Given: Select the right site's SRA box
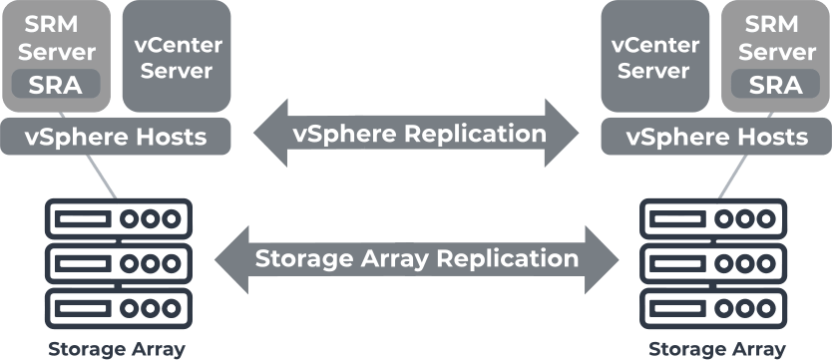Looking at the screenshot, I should point(775,84).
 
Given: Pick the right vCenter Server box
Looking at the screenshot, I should point(653,57).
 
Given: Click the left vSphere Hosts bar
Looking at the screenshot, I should point(117,137).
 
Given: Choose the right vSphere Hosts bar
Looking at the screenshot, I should point(716,137).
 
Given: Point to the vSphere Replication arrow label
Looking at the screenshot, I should point(419,133).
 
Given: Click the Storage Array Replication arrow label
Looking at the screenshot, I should point(417,258).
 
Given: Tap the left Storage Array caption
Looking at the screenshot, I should point(117,349).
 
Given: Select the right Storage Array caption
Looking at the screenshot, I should point(717,349).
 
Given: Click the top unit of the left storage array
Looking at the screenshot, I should point(118,216).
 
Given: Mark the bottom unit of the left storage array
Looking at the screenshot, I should point(118,302).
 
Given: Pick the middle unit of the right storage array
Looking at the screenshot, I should point(713,260).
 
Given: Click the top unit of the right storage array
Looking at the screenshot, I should point(713,216).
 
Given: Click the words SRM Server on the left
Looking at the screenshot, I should point(57,38).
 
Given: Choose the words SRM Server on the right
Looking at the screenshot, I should point(776,38).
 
